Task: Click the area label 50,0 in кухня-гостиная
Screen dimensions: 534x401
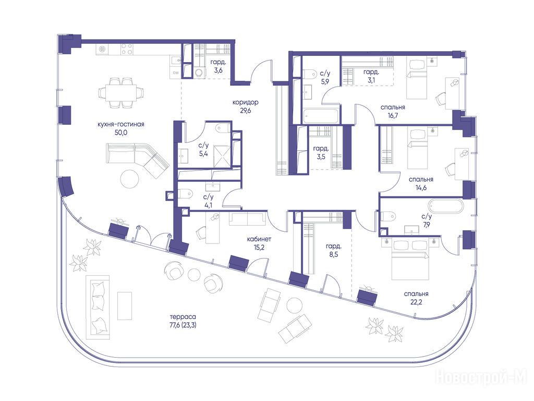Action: pos(121,133)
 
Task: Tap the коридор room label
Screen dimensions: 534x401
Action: pos(245,102)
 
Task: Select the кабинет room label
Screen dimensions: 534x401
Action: pos(259,239)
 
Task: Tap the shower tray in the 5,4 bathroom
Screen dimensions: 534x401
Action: pos(221,156)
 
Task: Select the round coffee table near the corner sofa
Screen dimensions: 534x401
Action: pos(129,179)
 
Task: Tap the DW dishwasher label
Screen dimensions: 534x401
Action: pos(176,72)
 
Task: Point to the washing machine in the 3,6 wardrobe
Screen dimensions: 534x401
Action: pos(199,72)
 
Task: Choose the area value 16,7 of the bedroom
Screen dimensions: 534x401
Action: pos(393,115)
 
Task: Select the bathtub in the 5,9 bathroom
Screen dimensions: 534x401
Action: pos(321,116)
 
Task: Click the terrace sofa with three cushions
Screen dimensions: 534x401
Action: pos(98,306)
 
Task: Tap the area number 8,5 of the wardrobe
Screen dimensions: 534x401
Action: pos(334,254)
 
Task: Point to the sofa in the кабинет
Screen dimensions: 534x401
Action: pos(248,219)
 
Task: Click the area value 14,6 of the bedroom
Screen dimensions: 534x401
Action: pos(421,187)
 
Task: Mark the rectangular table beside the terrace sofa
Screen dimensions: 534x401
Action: pos(125,306)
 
